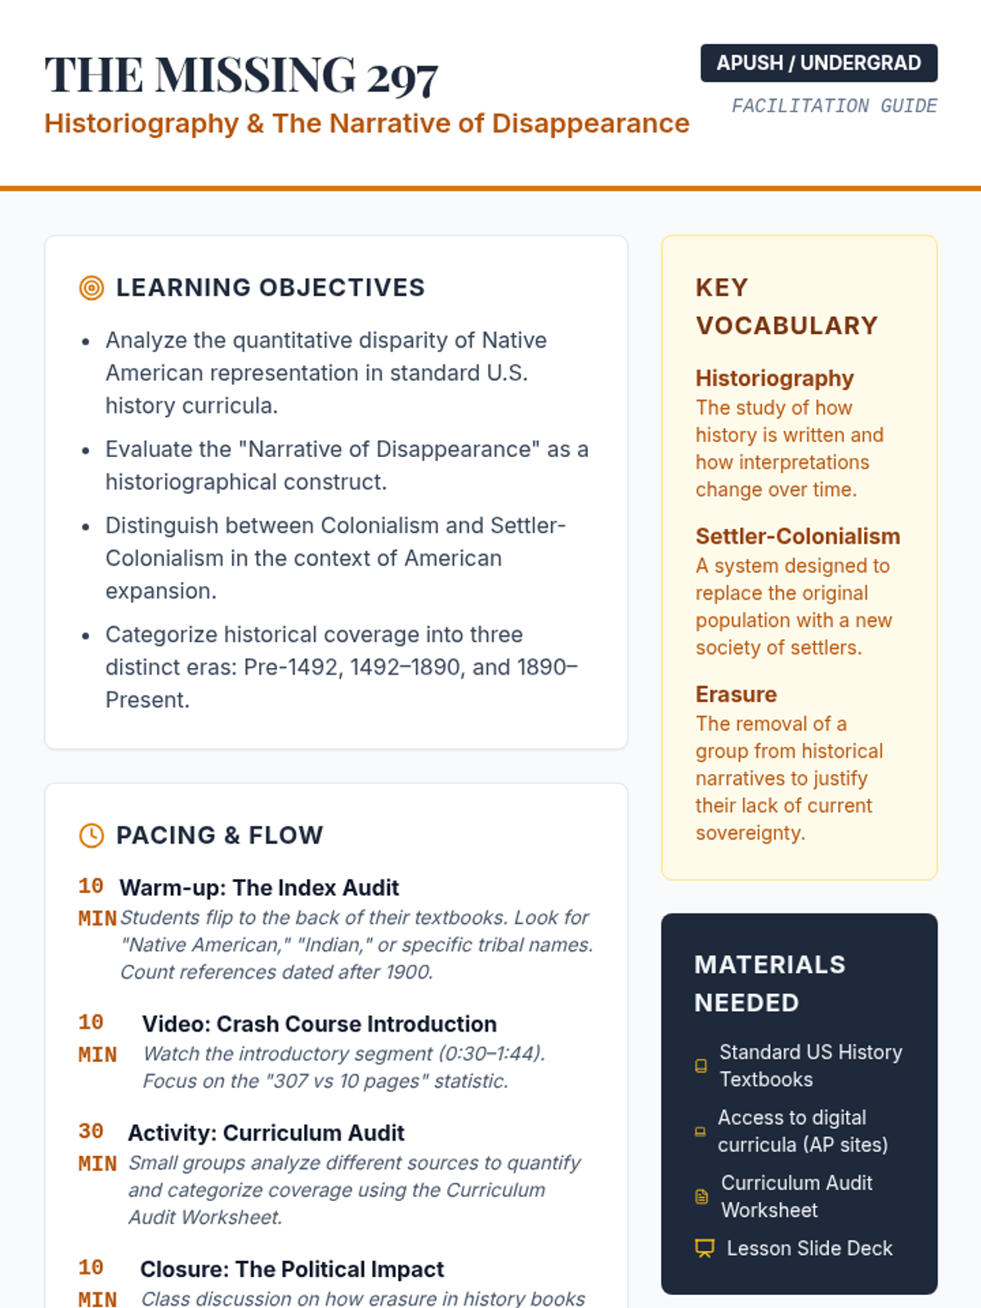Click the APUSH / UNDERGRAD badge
[x=818, y=63]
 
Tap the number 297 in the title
[x=402, y=78]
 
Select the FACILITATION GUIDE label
[x=834, y=106]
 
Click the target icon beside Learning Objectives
[x=92, y=288]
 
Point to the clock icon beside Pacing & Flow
[x=92, y=835]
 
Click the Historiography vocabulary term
[x=774, y=379]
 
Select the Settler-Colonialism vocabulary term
[x=797, y=536]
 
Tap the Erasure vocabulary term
[x=736, y=694]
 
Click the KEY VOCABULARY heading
[x=786, y=307]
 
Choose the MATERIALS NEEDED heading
[x=769, y=983]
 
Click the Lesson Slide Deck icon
[x=704, y=1248]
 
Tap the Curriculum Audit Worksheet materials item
[x=796, y=1196]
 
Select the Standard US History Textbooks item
[x=810, y=1065]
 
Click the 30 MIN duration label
[x=96, y=1147]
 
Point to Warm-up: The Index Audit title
[x=259, y=888]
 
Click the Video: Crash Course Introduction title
[x=319, y=1024]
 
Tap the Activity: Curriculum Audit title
[x=266, y=1133]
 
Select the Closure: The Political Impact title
[x=292, y=1270]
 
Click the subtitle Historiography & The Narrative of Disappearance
[x=366, y=123]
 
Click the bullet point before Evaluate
[x=86, y=450]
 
